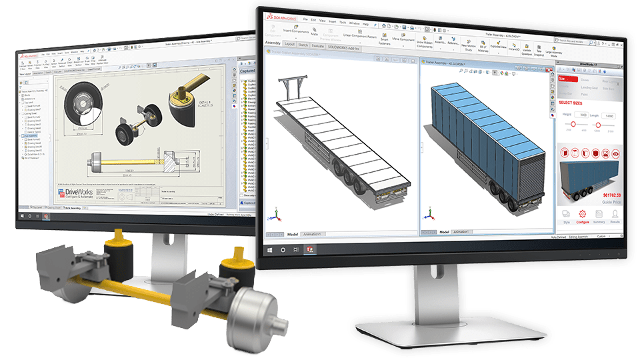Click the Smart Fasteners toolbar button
pyautogui.click(x=384, y=40)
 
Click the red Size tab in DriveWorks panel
pyautogui.click(x=563, y=78)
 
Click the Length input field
pyautogui.click(x=609, y=115)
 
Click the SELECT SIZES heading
pyautogui.click(x=575, y=103)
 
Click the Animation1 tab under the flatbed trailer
pyautogui.click(x=312, y=234)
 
